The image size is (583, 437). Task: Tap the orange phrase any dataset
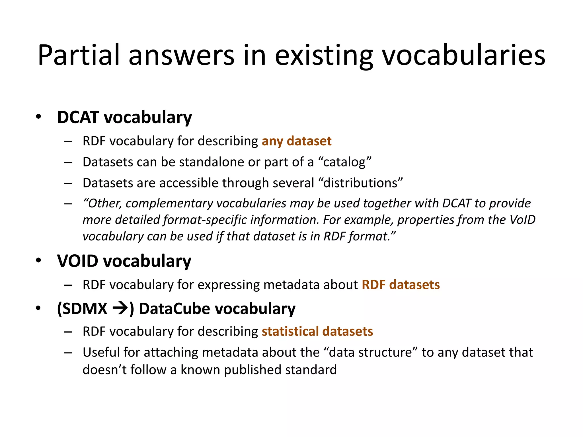tap(297, 141)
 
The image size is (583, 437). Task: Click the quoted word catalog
tap(344, 162)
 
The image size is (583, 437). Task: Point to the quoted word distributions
tap(363, 183)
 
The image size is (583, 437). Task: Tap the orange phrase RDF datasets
tap(401, 285)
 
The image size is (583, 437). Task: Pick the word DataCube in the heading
tap(175, 309)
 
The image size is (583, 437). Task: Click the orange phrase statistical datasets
tap(317, 331)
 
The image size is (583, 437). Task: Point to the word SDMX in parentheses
tap(85, 309)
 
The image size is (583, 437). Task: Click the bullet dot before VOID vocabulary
tap(38, 261)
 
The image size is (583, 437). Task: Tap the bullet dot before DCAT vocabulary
tap(38, 117)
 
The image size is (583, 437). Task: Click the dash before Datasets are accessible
tap(68, 183)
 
